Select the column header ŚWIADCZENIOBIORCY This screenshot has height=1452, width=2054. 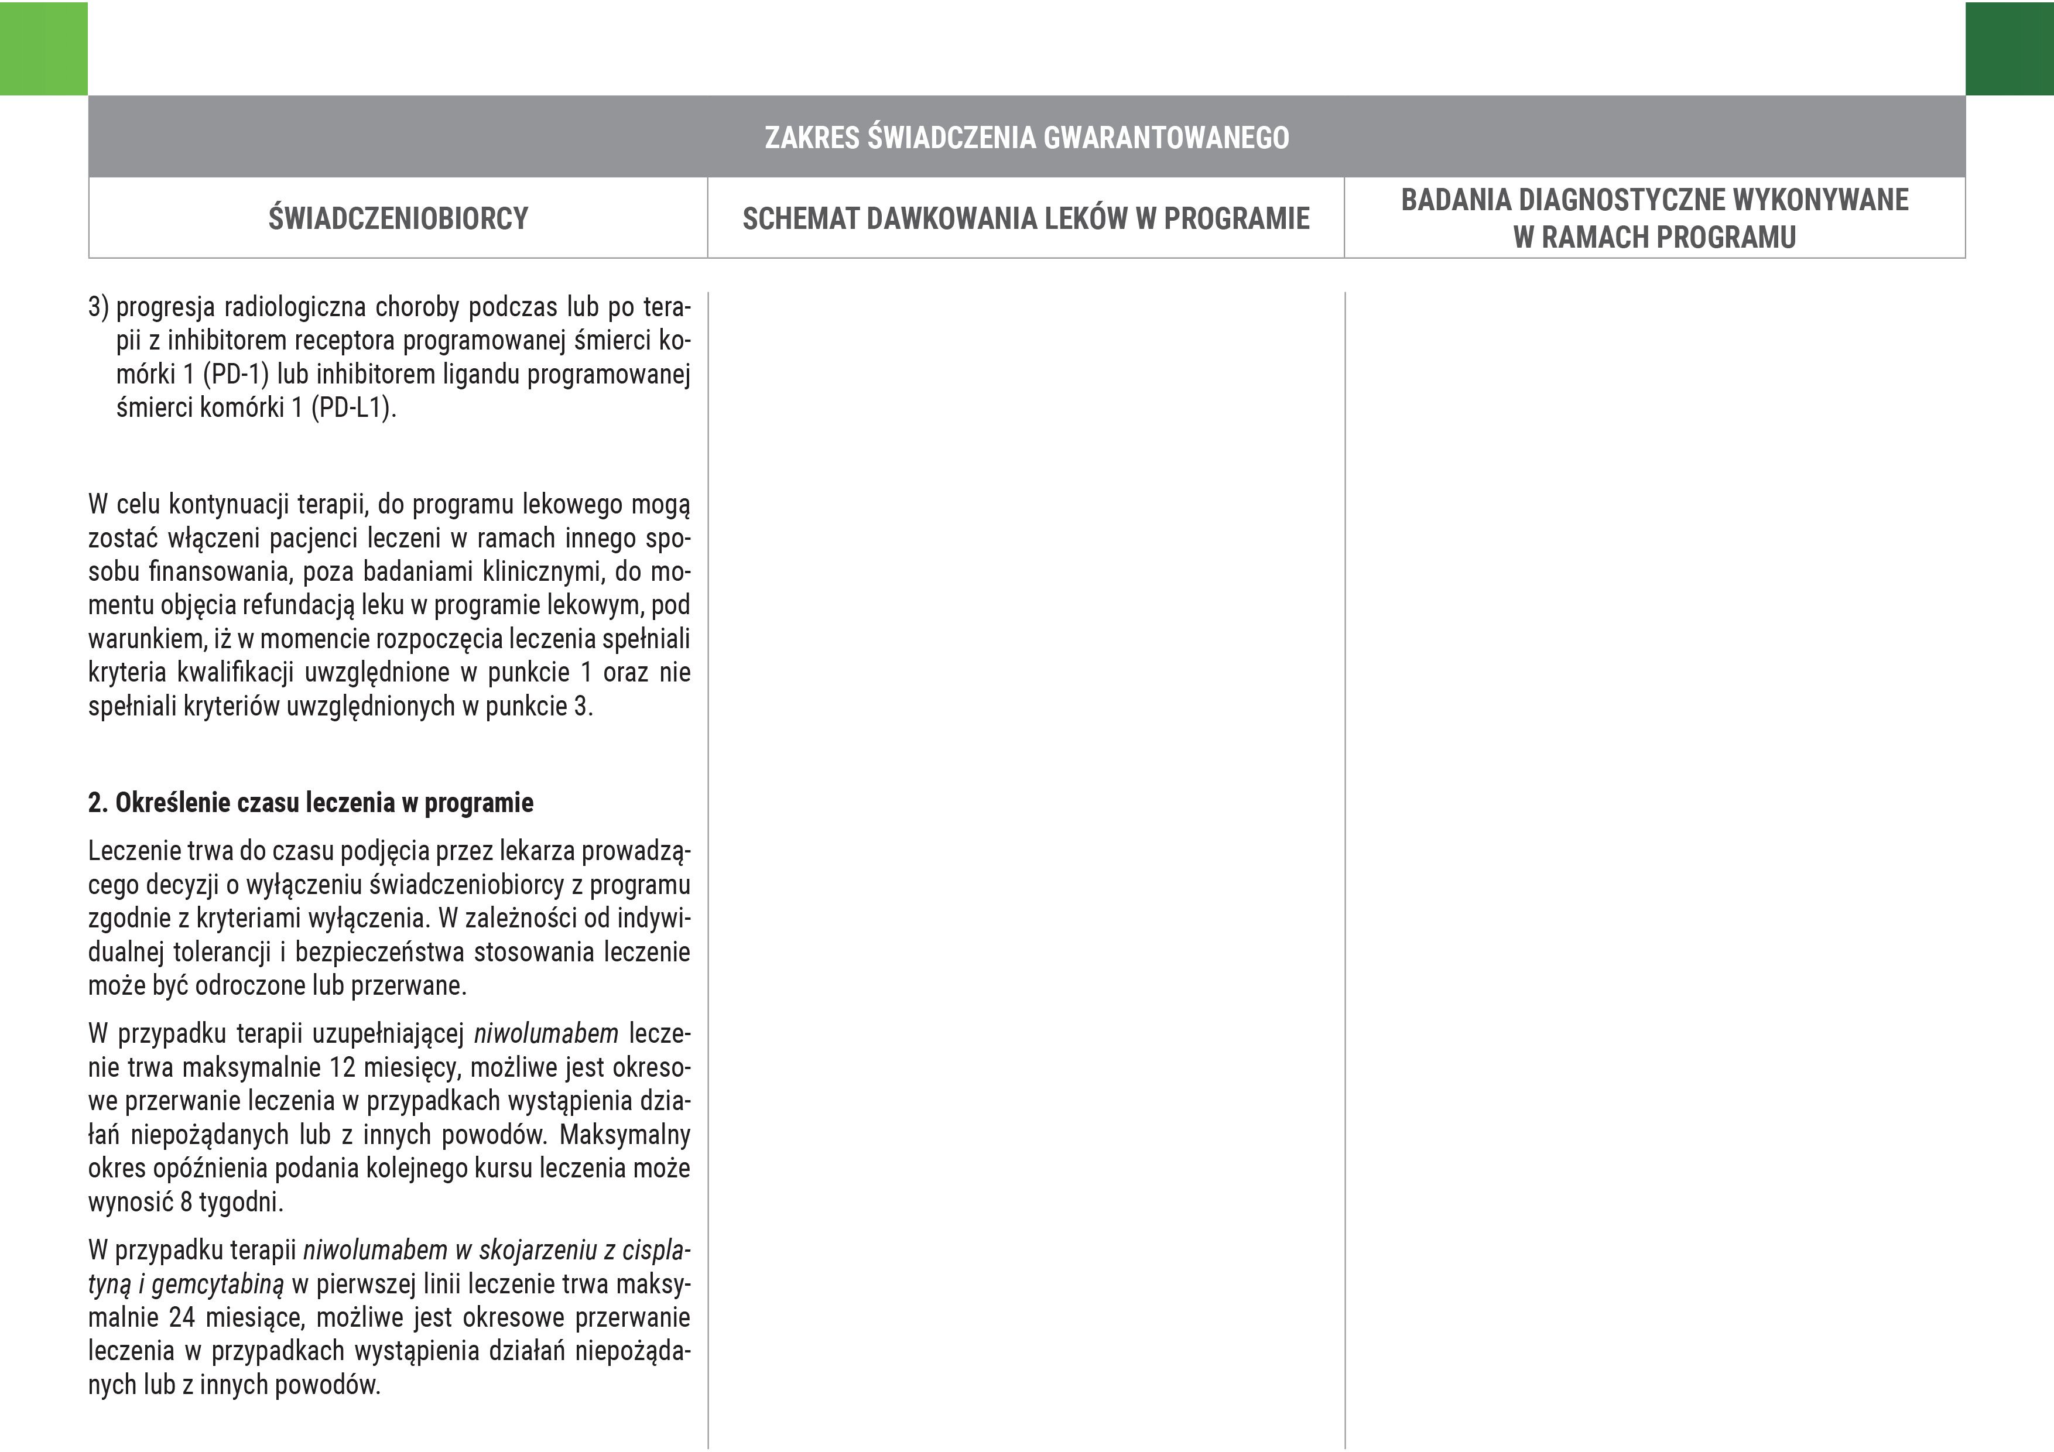pyautogui.click(x=398, y=218)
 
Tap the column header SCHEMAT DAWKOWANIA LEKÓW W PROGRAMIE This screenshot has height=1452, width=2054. pyautogui.click(x=1025, y=218)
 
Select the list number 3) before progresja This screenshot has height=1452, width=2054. pyautogui.click(x=98, y=307)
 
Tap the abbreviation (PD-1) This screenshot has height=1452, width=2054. pyautogui.click(x=235, y=374)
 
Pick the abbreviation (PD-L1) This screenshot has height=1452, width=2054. pyautogui.click(x=354, y=408)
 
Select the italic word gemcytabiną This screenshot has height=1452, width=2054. pyautogui.click(x=217, y=1285)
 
